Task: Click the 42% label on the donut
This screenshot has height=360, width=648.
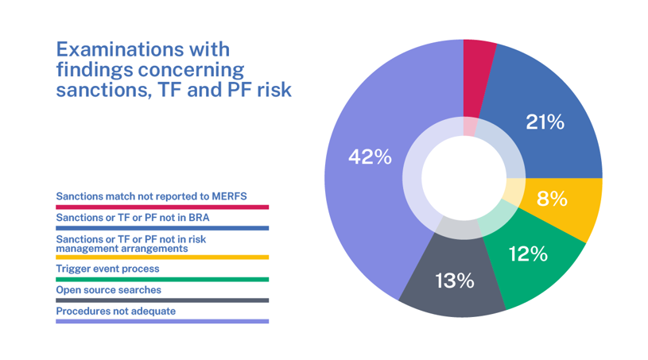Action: (370, 157)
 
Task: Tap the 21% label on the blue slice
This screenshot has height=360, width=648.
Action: (545, 122)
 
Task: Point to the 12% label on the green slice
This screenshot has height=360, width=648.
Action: (528, 254)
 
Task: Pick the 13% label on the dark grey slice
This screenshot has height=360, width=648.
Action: (454, 281)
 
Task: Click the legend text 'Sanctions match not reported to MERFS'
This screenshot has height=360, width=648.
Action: (151, 195)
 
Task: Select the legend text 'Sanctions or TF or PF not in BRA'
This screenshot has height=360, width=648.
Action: (133, 217)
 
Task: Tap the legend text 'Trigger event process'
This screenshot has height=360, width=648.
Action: (107, 269)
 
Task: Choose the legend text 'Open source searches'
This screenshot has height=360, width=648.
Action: (108, 290)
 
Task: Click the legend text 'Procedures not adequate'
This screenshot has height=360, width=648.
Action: (115, 311)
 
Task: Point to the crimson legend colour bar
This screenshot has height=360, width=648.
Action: (162, 207)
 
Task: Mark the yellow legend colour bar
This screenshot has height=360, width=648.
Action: (162, 257)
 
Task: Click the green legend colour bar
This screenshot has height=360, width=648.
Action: (162, 279)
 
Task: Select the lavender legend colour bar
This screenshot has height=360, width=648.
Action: (162, 321)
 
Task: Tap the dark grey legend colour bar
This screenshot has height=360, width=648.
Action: (162, 300)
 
